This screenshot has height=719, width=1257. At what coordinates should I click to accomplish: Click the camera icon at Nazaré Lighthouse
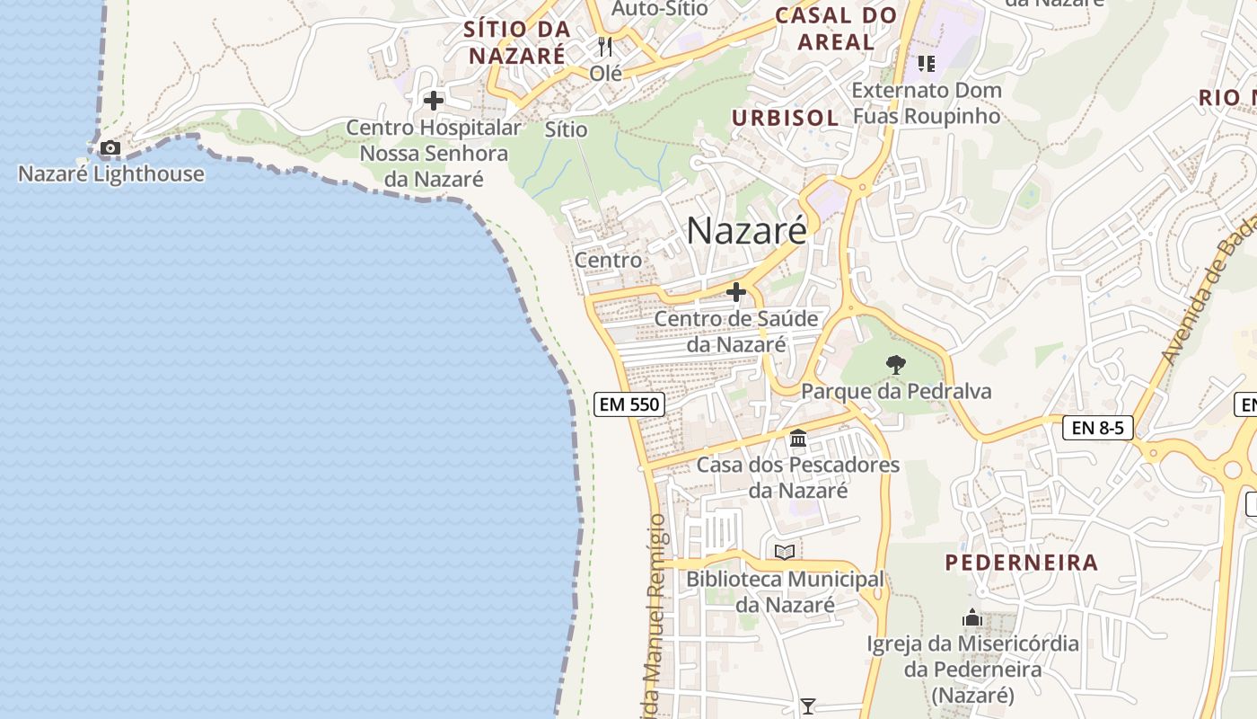pyautogui.click(x=110, y=147)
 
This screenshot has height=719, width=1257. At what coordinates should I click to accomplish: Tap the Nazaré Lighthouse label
pyautogui.click(x=111, y=173)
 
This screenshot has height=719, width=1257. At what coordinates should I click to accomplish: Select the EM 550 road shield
pyautogui.click(x=630, y=404)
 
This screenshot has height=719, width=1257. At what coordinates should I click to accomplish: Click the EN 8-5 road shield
pyautogui.click(x=1097, y=427)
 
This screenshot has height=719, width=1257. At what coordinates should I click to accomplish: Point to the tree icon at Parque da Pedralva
pyautogui.click(x=895, y=365)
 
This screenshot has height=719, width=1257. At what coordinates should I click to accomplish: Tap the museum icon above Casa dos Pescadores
pyautogui.click(x=798, y=439)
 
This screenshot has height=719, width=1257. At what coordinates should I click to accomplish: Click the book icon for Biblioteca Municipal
pyautogui.click(x=785, y=552)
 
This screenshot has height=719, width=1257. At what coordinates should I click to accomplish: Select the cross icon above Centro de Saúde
pyautogui.click(x=736, y=292)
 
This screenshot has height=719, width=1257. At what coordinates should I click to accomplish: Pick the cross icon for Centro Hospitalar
pyautogui.click(x=434, y=101)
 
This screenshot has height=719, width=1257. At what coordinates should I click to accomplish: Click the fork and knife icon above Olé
pyautogui.click(x=605, y=47)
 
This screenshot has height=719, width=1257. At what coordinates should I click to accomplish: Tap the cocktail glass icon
pyautogui.click(x=808, y=706)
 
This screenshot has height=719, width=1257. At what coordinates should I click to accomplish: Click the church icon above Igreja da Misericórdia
pyautogui.click(x=972, y=618)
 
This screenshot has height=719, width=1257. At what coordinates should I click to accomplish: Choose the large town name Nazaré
pyautogui.click(x=746, y=231)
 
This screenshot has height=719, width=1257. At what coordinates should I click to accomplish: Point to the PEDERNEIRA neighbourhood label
pyautogui.click(x=1021, y=563)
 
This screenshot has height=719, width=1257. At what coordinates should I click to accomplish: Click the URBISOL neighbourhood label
pyautogui.click(x=785, y=118)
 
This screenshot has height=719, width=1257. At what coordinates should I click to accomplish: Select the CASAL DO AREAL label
pyautogui.click(x=836, y=28)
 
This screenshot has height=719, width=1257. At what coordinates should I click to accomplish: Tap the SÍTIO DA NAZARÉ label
pyautogui.click(x=517, y=41)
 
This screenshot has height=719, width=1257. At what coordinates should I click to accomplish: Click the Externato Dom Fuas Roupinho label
pyautogui.click(x=926, y=103)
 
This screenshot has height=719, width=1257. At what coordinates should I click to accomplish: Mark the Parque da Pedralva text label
pyautogui.click(x=896, y=391)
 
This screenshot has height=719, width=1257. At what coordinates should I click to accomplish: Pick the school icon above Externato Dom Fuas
pyautogui.click(x=927, y=64)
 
